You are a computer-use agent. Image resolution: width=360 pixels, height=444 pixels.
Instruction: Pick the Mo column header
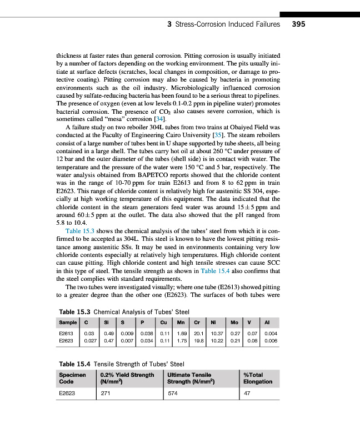235,322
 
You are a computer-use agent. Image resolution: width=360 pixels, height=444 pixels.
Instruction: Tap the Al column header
267,322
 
